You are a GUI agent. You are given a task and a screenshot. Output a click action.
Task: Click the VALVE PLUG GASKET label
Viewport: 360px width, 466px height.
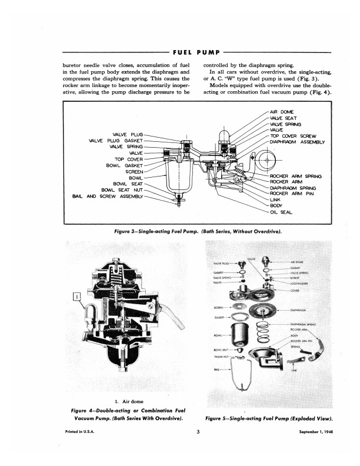115,141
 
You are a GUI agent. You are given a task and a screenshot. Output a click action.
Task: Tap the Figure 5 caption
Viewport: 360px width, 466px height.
269,418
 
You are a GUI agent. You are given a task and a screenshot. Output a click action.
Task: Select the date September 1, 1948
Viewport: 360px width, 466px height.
311,433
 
